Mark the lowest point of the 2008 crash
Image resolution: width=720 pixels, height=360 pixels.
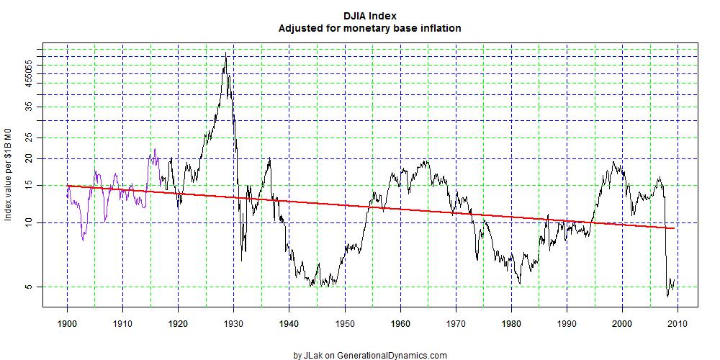pyautogui.click(x=668, y=296)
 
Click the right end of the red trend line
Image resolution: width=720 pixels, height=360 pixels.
pyautogui.click(x=674, y=228)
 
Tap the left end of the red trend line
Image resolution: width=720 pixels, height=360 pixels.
pyautogui.click(x=67, y=186)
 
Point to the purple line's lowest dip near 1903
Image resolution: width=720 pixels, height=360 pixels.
pyautogui.click(x=84, y=240)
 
